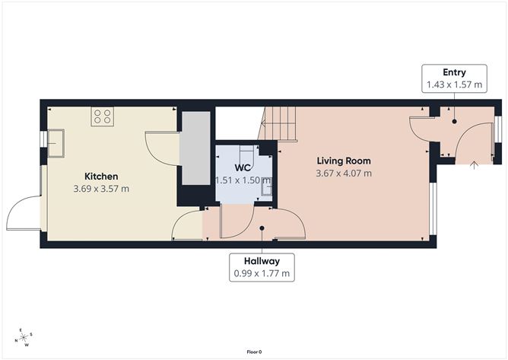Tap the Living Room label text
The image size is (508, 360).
(344, 161)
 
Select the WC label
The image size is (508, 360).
(243, 167)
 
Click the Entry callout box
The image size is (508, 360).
(454, 79)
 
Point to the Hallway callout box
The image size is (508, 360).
(262, 267)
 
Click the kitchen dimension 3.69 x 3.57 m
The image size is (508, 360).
(101, 188)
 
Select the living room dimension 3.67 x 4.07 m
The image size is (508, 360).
(344, 173)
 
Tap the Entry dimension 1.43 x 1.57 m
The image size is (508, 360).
(454, 85)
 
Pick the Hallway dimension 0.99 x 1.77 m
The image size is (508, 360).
(262, 272)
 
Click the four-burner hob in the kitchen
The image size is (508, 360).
(103, 117)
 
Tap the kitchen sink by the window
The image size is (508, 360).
(56, 142)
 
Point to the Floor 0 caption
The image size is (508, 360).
(254, 352)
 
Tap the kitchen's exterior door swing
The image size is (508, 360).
(25, 213)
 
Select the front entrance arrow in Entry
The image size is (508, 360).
(474, 163)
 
